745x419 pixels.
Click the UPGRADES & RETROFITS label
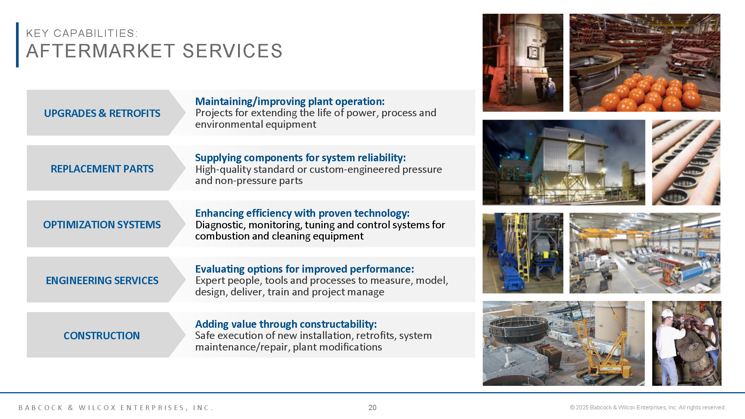(x=102, y=113)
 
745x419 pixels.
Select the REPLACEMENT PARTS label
(x=102, y=169)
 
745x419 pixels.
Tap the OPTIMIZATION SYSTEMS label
(x=102, y=225)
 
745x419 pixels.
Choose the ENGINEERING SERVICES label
(x=102, y=280)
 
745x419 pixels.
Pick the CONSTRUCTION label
(x=102, y=336)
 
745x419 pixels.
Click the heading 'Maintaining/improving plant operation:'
(x=290, y=101)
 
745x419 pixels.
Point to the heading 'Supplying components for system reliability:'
(x=300, y=158)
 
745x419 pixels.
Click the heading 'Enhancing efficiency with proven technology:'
(x=302, y=213)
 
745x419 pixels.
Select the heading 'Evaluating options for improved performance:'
(x=304, y=269)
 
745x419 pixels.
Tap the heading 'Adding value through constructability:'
(x=286, y=324)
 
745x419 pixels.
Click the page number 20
(x=372, y=407)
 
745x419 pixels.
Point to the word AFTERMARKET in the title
(x=101, y=51)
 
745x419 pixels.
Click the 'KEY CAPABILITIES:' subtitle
(x=82, y=33)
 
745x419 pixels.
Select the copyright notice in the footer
(x=648, y=407)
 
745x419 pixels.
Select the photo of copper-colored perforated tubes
(x=686, y=162)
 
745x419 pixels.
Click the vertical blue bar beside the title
(x=17, y=45)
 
